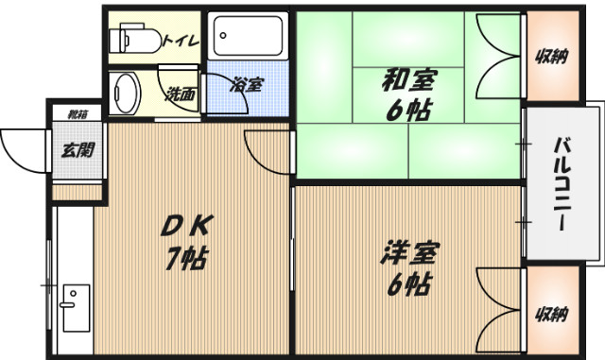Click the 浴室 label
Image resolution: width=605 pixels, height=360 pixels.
(246, 85)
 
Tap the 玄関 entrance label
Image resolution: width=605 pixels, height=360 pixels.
(78, 148)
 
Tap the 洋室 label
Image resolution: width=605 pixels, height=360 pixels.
(409, 253)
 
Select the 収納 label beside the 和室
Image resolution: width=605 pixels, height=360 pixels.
(553, 55)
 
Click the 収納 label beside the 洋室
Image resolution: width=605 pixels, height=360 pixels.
(553, 314)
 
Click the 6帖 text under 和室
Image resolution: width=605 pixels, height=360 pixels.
(408, 111)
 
